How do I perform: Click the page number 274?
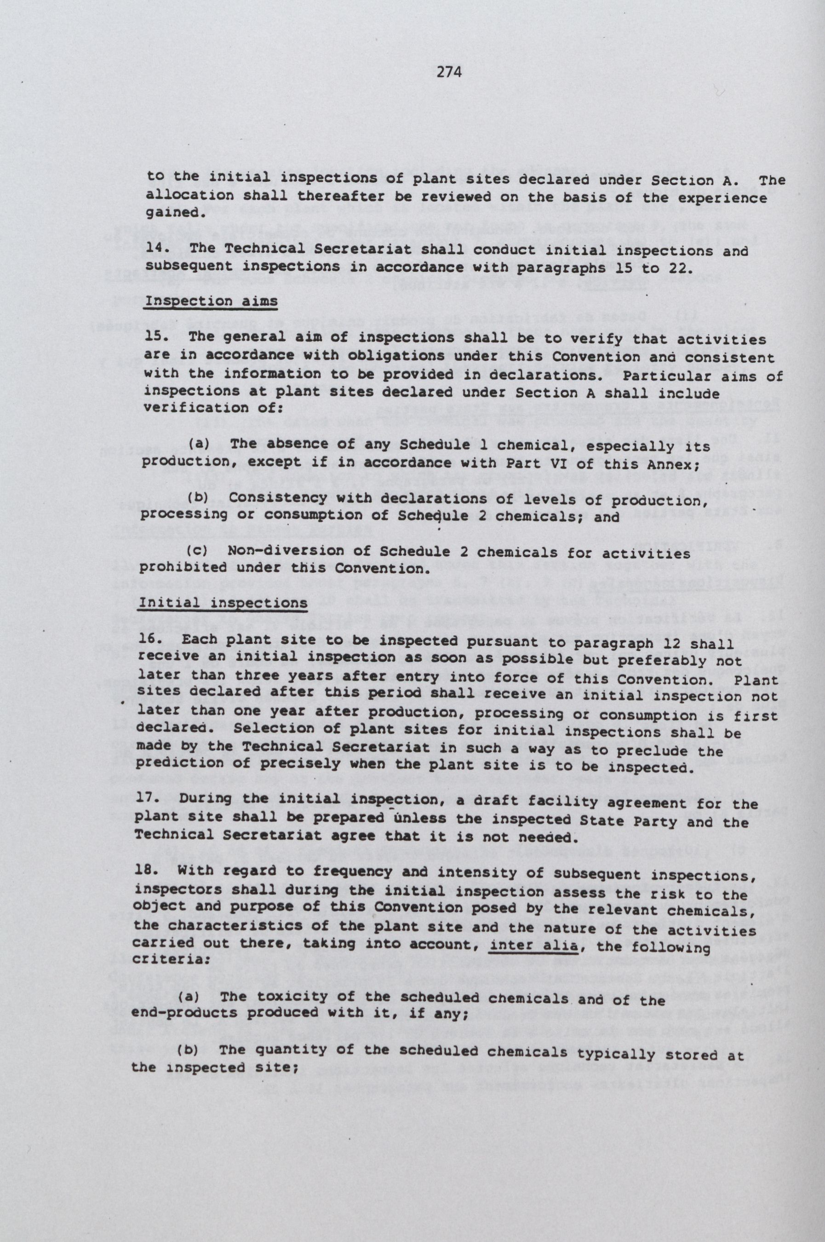[449, 73]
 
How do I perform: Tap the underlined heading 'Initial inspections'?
[223, 602]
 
